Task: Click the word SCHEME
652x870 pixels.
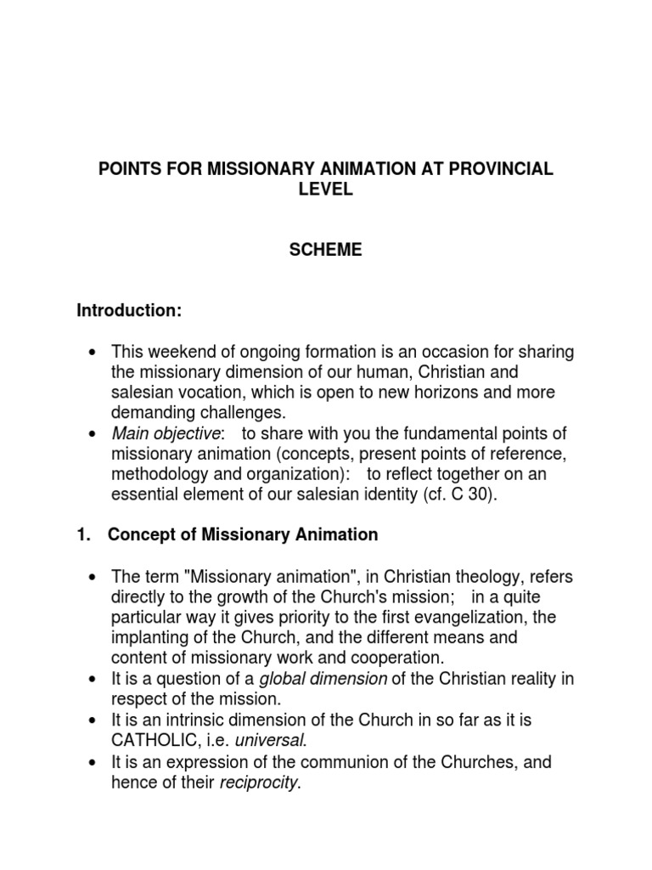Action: coord(326,249)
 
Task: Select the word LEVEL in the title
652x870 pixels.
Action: coord(326,189)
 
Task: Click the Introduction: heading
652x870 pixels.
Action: coord(129,311)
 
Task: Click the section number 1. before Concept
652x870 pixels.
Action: coord(83,535)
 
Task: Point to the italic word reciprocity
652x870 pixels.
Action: coord(259,782)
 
